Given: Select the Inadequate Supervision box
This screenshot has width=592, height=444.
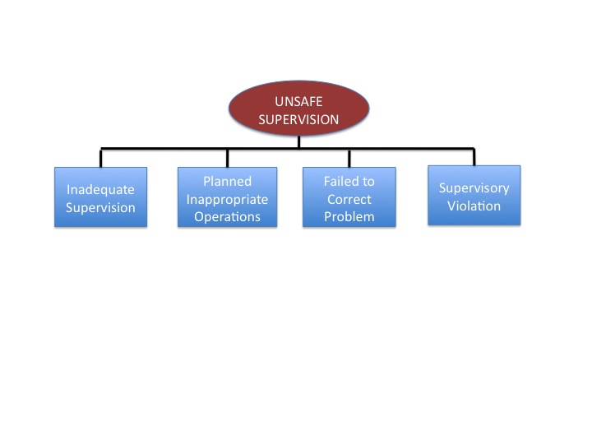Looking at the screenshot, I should (100, 197).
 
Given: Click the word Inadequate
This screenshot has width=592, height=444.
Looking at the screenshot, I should (100, 188).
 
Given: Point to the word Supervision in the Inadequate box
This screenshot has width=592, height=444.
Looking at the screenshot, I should (100, 207).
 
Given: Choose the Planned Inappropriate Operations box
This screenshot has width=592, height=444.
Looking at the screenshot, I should (227, 197).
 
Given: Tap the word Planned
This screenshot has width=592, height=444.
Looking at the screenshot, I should (227, 181).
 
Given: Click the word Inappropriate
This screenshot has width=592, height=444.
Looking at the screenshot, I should (227, 199).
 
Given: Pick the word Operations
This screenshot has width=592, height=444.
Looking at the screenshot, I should (227, 217).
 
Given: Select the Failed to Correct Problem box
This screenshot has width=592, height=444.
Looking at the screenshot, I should (349, 197).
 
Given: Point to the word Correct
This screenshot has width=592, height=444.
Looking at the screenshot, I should (349, 199).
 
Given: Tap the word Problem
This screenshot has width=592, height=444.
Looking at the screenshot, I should (349, 217).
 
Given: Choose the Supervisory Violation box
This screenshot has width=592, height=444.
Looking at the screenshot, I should (474, 195).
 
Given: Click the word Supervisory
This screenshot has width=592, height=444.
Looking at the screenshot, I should (474, 187).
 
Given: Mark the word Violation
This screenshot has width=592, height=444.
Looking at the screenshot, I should (474, 206).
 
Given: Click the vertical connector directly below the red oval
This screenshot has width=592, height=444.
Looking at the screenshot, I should (298, 142).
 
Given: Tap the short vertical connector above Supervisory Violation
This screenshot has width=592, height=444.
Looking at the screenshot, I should (474, 157).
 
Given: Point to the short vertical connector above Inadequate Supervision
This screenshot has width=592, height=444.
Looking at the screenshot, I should (101, 158).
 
